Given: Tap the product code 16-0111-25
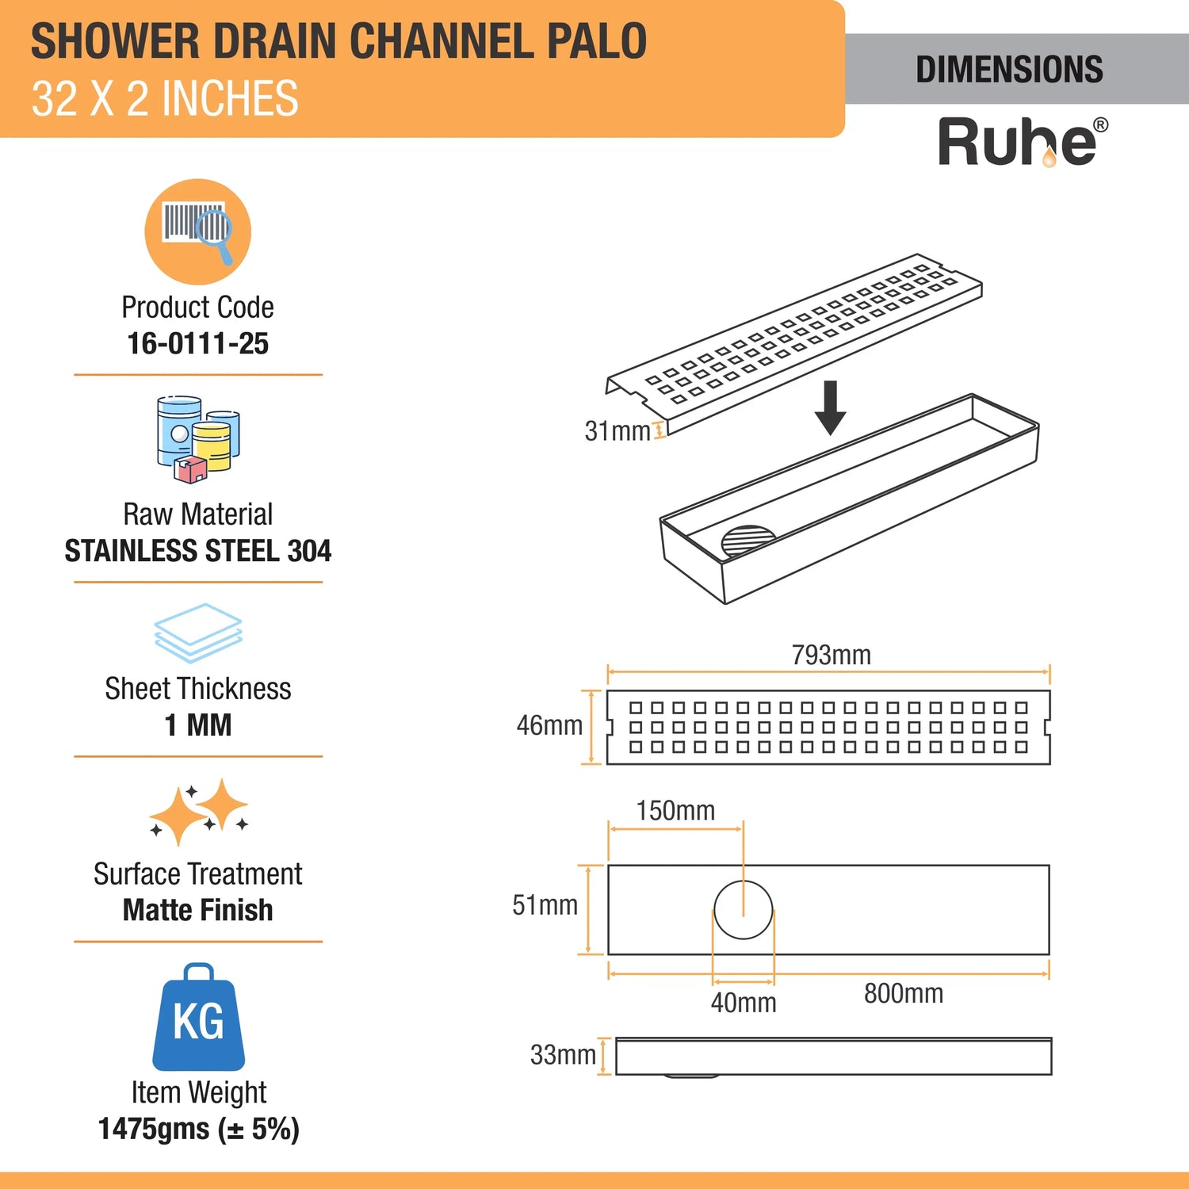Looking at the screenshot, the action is (198, 343).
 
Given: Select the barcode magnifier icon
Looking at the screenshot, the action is (197, 231).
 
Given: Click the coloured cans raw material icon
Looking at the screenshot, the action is (198, 438).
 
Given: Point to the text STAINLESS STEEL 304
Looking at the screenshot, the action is (198, 550).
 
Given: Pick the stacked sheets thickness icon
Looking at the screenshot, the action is (198, 633).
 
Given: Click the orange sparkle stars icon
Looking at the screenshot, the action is (199, 812).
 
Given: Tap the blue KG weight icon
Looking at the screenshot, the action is (198, 1017).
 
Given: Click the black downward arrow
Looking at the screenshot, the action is (830, 407).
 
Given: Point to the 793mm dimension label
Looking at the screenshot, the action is (831, 655).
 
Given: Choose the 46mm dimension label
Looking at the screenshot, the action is (549, 724).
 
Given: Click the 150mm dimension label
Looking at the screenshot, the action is (675, 810).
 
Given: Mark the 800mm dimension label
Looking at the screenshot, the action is (904, 993).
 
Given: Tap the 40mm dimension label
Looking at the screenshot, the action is (744, 1003).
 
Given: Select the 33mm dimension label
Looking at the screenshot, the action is (563, 1055).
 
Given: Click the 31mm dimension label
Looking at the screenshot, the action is (617, 430).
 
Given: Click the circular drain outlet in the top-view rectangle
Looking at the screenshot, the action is (743, 909).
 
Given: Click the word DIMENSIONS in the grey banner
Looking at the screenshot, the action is (1009, 70).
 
